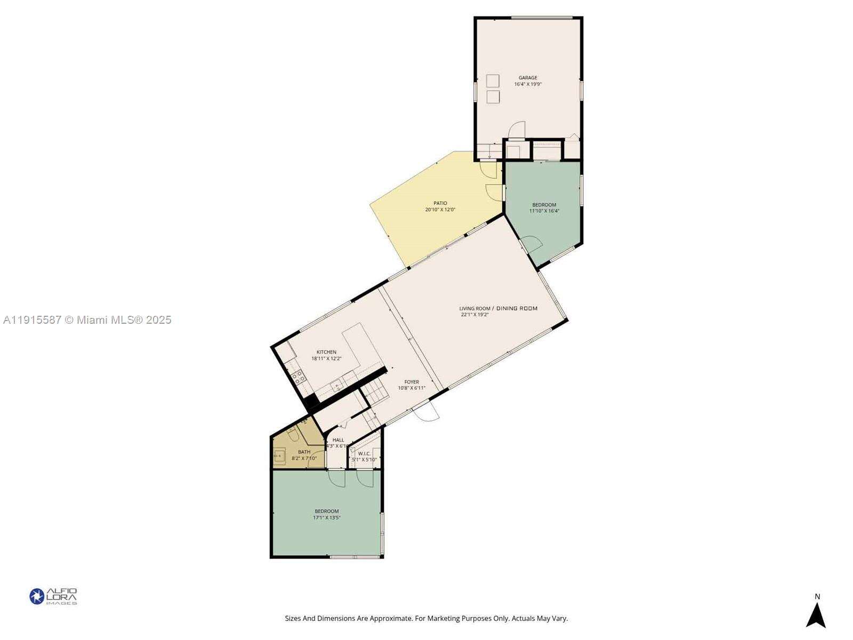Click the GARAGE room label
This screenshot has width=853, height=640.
528,78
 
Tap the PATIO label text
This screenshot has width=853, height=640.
440,203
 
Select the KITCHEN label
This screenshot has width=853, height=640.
326,352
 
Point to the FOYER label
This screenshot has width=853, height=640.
412,382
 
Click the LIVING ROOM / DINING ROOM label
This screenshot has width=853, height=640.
498,308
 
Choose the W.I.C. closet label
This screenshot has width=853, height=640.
364,453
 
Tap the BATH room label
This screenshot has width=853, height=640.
304,452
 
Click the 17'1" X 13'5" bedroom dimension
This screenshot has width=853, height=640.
327,518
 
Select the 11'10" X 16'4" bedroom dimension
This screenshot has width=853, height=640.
544,211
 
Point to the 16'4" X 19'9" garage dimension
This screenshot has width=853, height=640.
528,84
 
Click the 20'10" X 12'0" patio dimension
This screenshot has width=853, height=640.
440,210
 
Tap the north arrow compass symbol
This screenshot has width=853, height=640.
816,614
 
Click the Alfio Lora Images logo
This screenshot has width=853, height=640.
53,596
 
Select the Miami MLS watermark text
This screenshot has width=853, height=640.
87,320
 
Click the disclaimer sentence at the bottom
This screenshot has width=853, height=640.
426,619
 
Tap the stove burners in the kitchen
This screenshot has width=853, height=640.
299,377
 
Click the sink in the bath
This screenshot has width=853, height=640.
279,456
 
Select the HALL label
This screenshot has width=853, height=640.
338,440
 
